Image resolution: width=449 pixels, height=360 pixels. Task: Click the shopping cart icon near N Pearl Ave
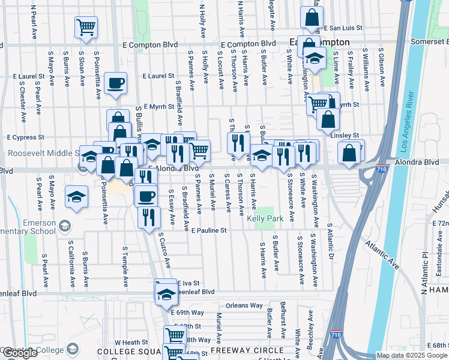pos(86,27)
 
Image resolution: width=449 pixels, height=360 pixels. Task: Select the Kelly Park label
pos(265,219)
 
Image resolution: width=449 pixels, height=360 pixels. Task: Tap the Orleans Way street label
pos(245,305)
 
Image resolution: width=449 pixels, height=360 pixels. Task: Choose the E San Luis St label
pos(343,28)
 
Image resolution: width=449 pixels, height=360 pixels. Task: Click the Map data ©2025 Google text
pos(412,355)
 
